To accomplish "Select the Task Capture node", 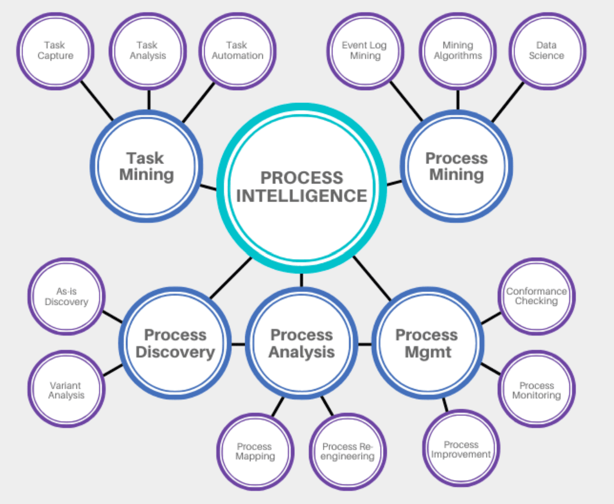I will [55, 51].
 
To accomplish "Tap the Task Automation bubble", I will [237, 51].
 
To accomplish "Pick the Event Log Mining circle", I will [365, 51].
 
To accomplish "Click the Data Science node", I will [547, 51].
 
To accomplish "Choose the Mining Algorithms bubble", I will [458, 51].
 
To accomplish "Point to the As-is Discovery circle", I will [66, 296].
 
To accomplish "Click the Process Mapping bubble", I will [255, 451].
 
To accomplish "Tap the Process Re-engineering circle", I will [348, 451].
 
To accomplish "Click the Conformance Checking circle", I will [536, 296].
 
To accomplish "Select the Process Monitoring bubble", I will [536, 390].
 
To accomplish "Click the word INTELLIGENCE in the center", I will [302, 196].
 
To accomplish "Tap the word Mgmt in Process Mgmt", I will [428, 352].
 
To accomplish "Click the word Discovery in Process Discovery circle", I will [175, 352].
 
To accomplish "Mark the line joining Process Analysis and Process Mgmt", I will [365, 344].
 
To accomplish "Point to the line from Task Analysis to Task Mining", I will [149, 100].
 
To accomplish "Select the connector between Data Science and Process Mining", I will [508, 102].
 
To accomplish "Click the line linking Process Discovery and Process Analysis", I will [238, 344].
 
